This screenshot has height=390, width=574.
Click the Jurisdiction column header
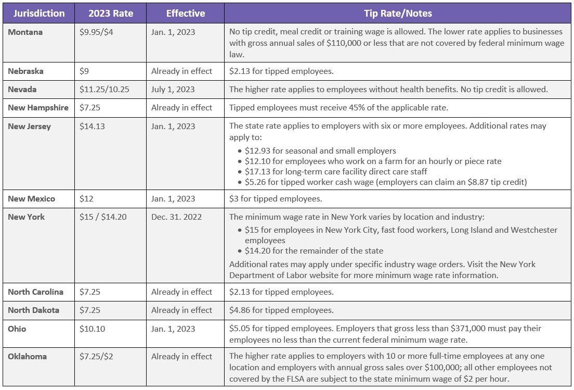click(39, 14)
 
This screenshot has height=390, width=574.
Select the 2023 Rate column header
click(111, 14)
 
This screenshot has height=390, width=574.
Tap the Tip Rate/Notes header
click(398, 14)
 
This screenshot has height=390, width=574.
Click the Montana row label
click(25, 32)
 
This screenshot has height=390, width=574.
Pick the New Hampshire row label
click(38, 108)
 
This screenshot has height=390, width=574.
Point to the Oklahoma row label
click(27, 356)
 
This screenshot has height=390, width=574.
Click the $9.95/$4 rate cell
click(96, 32)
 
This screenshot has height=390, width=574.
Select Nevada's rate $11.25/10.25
click(105, 90)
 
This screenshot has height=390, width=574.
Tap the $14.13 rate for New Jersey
click(92, 127)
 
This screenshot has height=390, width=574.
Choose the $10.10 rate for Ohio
click(92, 329)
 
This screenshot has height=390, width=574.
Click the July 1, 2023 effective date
click(173, 90)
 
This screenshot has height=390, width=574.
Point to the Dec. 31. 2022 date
click(176, 217)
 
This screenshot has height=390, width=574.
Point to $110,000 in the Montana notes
click(344, 43)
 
